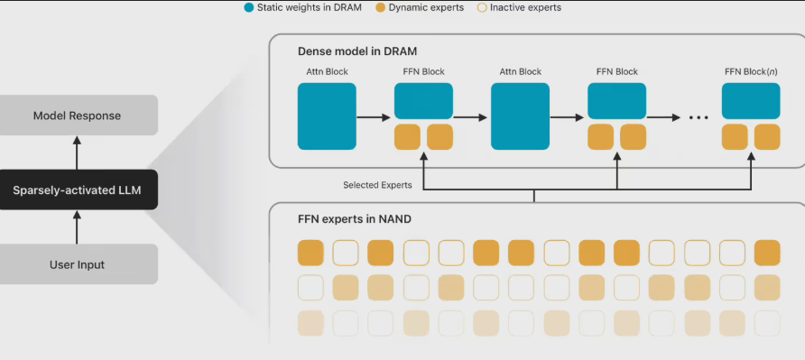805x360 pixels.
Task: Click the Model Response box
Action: point(78,115)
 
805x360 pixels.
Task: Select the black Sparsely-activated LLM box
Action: point(78,189)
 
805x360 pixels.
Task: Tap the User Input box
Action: point(78,264)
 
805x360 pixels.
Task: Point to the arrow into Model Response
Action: point(77,152)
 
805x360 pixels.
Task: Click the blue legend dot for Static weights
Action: point(249,8)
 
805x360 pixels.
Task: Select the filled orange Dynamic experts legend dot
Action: point(381,8)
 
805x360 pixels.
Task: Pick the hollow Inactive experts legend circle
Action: point(482,8)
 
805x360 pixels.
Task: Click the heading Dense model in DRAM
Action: point(357,51)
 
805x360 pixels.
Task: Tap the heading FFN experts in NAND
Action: point(355,220)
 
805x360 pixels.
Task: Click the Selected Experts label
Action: point(377,185)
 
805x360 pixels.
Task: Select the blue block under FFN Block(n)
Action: point(751,101)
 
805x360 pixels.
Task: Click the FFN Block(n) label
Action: point(751,72)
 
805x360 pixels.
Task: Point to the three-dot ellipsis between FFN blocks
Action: point(699,117)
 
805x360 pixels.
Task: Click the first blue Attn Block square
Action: point(327,116)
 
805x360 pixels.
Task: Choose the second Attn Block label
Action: point(520,72)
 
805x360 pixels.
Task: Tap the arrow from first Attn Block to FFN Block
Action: point(374,117)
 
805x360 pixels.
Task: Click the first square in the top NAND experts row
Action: point(310,253)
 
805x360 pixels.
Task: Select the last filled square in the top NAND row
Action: point(767,253)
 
